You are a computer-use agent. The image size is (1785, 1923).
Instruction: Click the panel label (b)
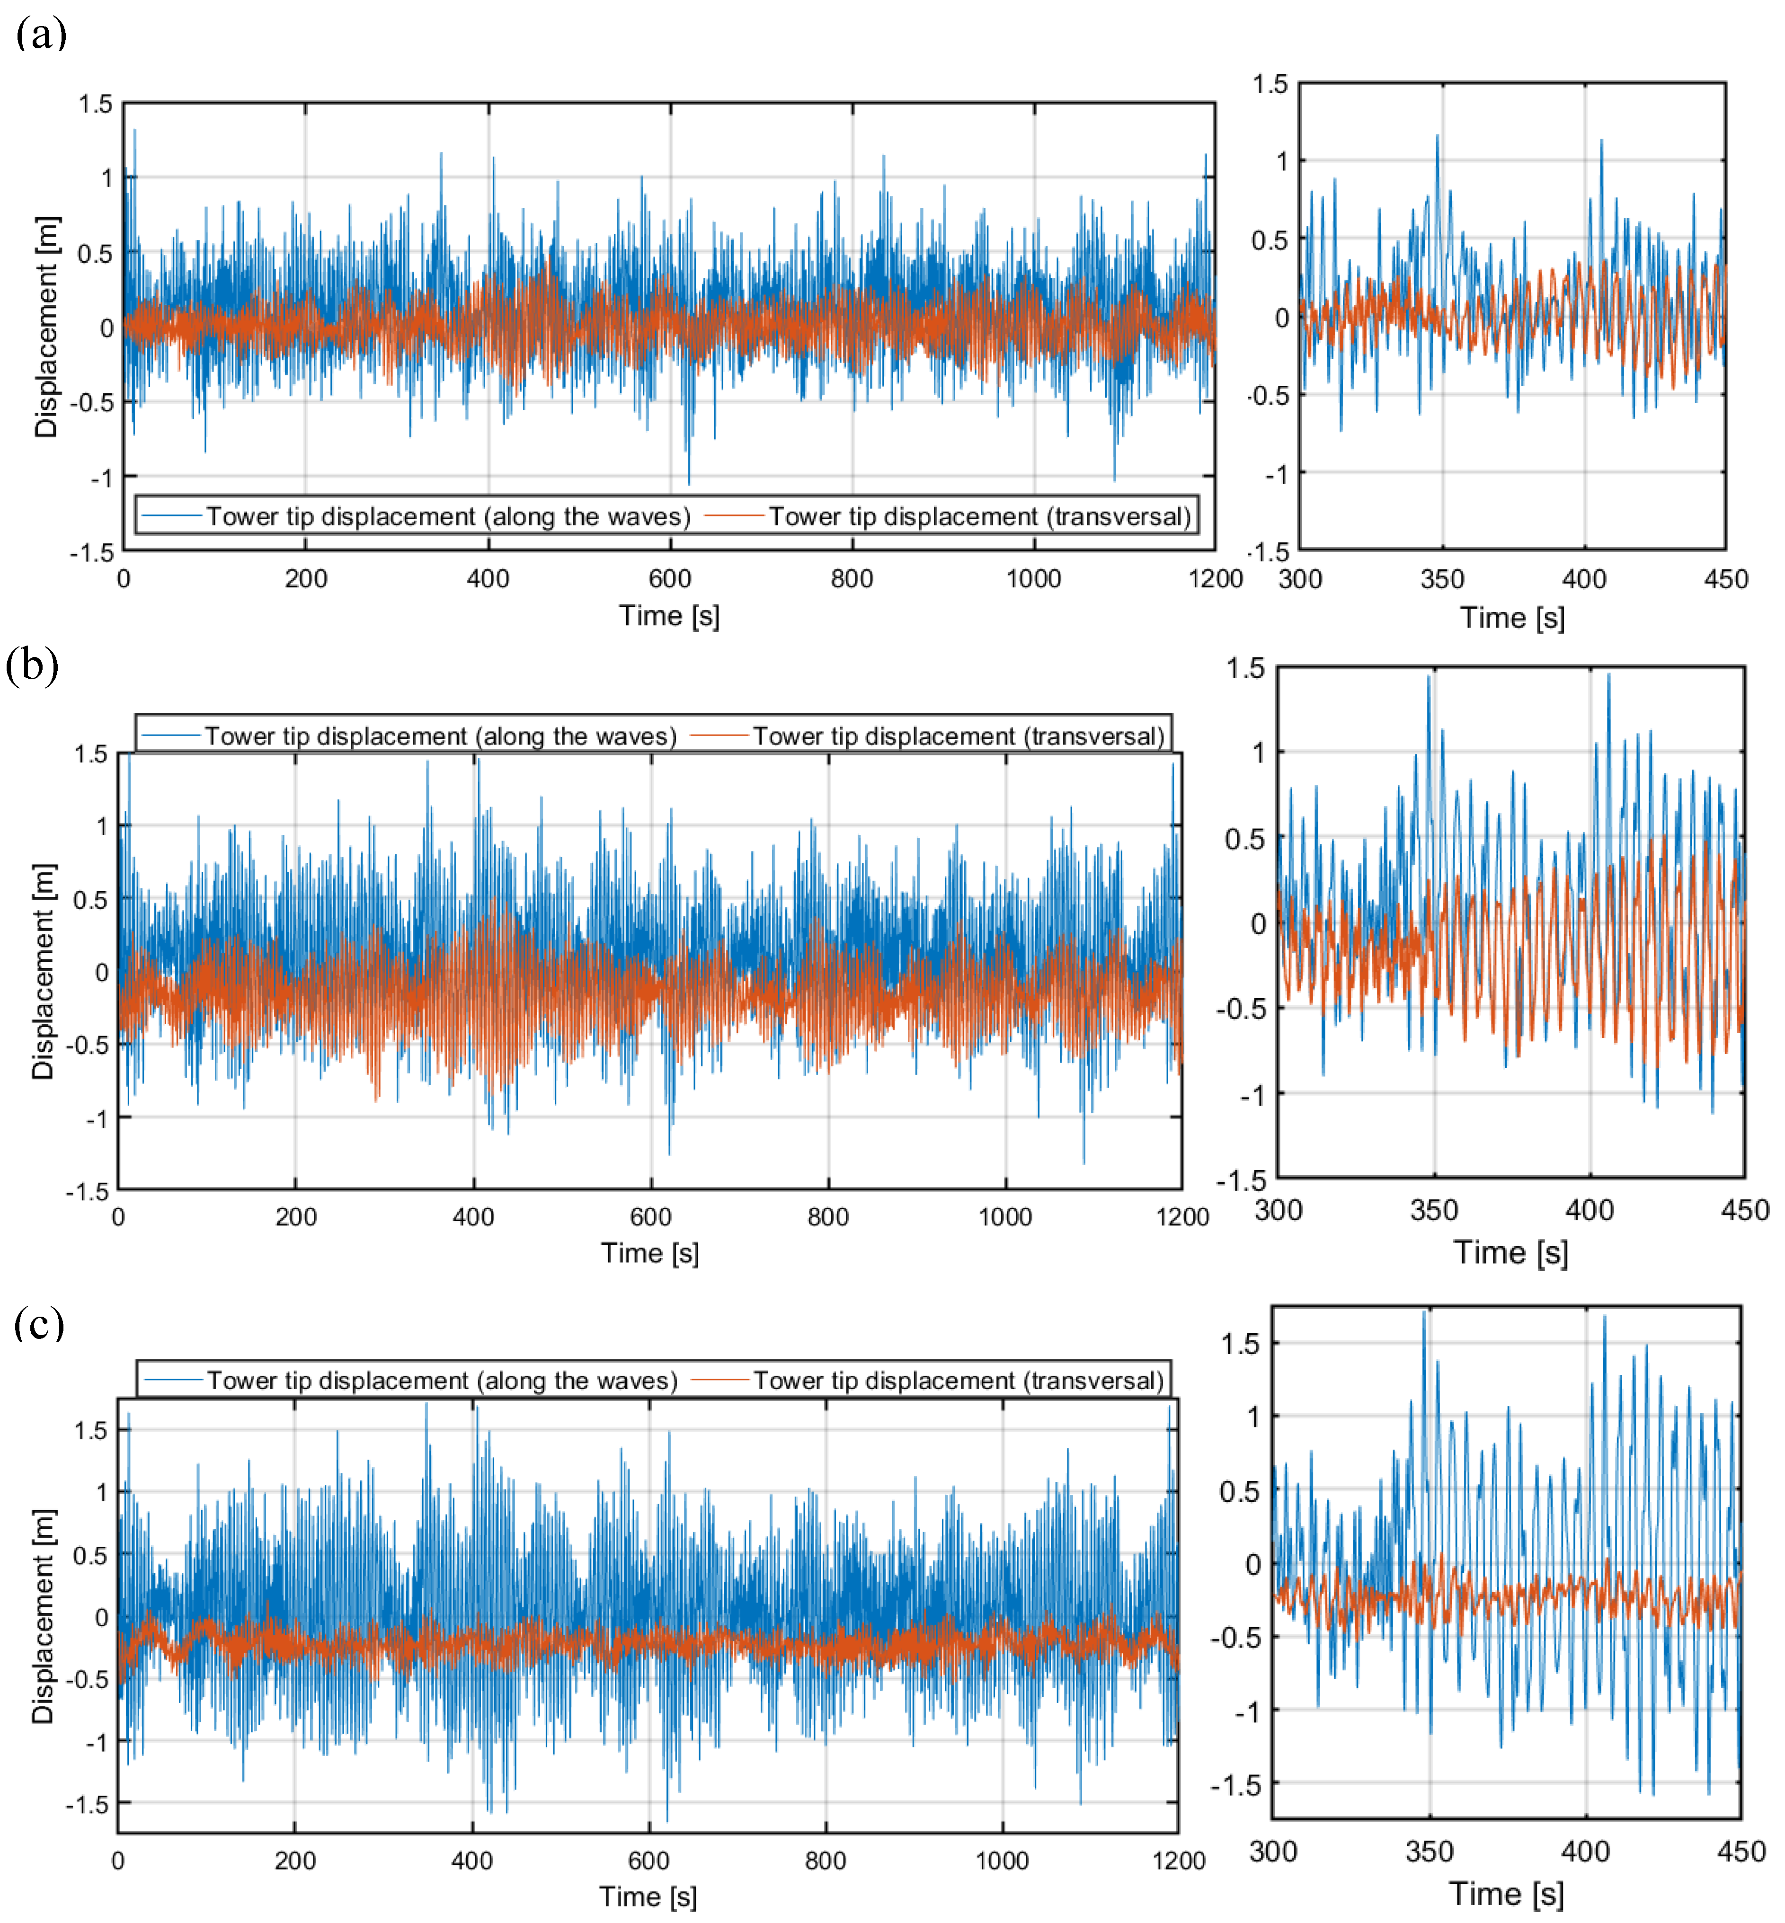tap(32, 665)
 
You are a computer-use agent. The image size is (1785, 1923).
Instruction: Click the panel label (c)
tap(39, 1323)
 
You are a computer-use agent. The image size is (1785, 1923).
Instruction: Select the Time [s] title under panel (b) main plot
tap(650, 1253)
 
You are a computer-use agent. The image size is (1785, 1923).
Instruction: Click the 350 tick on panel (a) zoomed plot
tap(1442, 579)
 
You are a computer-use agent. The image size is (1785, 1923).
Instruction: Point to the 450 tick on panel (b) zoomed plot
tap(1744, 1210)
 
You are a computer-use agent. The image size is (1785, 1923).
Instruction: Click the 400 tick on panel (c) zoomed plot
tap(1585, 1852)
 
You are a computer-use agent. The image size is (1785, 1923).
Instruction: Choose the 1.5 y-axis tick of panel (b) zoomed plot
tap(1245, 667)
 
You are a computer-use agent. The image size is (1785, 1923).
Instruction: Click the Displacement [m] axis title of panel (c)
tap(44, 1616)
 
